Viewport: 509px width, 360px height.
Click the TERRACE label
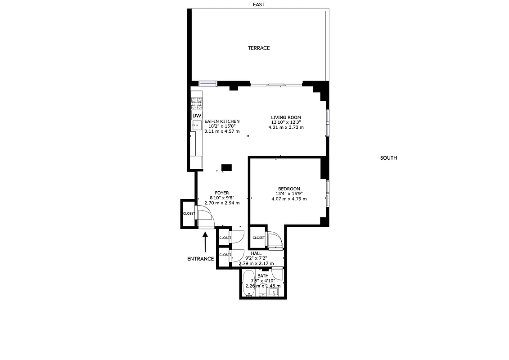click(259, 48)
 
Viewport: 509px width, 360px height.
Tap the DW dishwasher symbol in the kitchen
click(197, 116)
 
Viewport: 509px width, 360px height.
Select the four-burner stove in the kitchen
click(197, 104)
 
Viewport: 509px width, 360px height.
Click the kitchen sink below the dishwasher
click(197, 126)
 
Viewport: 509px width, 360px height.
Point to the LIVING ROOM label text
click(286, 117)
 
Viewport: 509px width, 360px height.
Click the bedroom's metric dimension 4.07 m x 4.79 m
click(289, 199)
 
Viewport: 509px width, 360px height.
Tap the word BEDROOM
click(289, 189)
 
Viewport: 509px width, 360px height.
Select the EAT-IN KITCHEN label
click(222, 121)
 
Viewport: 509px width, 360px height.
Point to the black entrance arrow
click(205, 242)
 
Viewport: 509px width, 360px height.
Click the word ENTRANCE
click(200, 259)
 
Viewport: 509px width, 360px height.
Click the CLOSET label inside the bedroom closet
click(259, 238)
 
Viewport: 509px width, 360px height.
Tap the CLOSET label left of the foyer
click(189, 213)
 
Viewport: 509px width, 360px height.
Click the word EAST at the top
click(259, 4)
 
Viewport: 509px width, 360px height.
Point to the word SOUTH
click(388, 158)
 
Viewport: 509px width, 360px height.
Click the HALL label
click(256, 253)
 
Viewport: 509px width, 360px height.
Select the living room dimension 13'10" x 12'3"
click(286, 122)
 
